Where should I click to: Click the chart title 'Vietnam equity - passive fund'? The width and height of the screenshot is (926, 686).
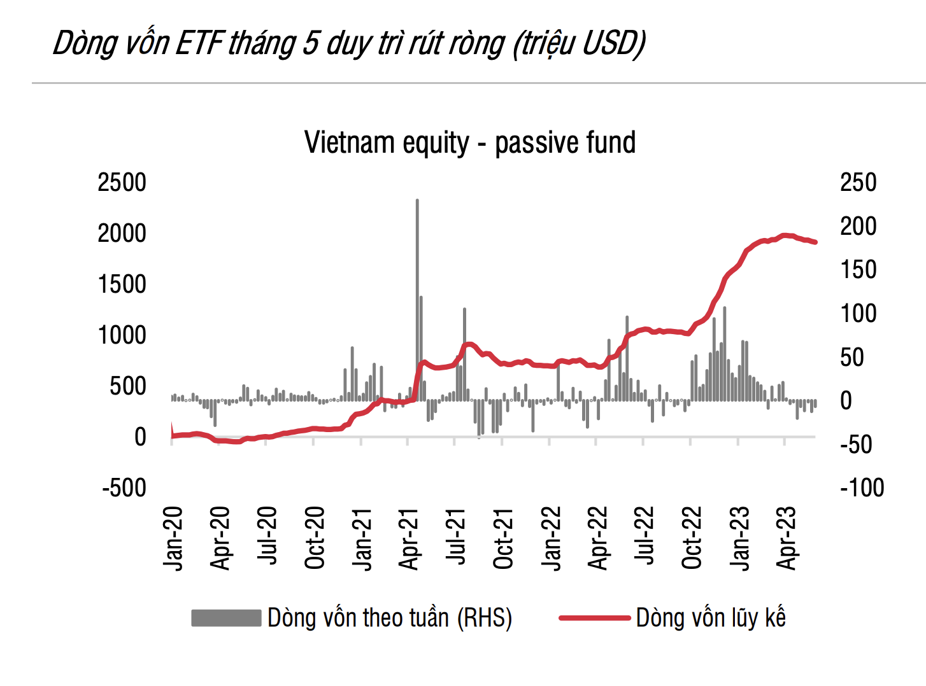tap(470, 143)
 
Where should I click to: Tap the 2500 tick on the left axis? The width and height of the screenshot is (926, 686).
tap(122, 183)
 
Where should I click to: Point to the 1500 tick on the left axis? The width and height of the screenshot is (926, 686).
tap(122, 284)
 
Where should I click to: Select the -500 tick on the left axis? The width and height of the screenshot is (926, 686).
tap(124, 488)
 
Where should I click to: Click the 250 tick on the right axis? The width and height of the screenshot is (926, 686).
tap(858, 183)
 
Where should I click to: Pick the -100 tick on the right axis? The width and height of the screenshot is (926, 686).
tap(862, 488)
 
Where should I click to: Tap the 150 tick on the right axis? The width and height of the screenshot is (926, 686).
tap(858, 270)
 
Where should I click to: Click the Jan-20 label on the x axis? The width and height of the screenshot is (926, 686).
tap(173, 538)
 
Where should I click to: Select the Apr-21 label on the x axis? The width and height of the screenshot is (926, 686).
tap(409, 538)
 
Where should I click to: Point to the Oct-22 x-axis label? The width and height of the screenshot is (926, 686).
tap(692, 538)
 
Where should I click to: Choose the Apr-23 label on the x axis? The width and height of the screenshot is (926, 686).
tap(787, 538)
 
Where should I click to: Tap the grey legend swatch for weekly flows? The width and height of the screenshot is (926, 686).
tap(226, 618)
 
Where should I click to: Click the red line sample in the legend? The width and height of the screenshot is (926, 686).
tap(594, 618)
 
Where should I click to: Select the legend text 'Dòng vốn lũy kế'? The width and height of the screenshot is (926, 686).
tap(711, 618)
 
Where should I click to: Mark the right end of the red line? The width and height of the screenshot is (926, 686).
tap(815, 242)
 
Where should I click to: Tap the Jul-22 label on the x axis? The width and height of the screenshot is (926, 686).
tap(645, 538)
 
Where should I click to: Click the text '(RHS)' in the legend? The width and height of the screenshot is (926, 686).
tap(485, 618)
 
